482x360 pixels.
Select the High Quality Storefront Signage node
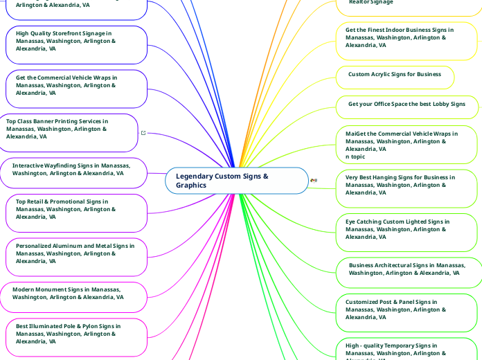pyautogui.click(x=76, y=42)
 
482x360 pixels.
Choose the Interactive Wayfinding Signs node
pyautogui.click(x=76, y=170)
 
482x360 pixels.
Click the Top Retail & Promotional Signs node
pyautogui.click(x=76, y=210)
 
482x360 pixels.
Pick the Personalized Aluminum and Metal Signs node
pyautogui.click(x=76, y=253)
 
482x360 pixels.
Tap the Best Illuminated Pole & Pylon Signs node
pyautogui.click(x=76, y=334)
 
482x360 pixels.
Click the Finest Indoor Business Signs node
pyautogui.click(x=406, y=38)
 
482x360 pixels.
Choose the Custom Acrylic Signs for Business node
pyautogui.click(x=395, y=75)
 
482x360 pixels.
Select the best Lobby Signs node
pyautogui.click(x=407, y=105)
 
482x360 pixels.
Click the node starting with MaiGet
pyautogui.click(x=406, y=145)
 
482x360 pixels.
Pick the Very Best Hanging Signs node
pyautogui.click(x=406, y=186)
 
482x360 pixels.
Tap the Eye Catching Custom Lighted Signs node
pyautogui.click(x=406, y=230)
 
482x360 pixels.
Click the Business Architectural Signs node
pyautogui.click(x=407, y=269)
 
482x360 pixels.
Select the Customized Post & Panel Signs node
pyautogui.click(x=406, y=310)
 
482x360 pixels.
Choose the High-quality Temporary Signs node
pyautogui.click(x=406, y=350)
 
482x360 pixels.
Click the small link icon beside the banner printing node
pyautogui.click(x=143, y=132)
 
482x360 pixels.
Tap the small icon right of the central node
pyautogui.click(x=314, y=181)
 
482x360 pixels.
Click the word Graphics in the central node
pyautogui.click(x=191, y=186)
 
